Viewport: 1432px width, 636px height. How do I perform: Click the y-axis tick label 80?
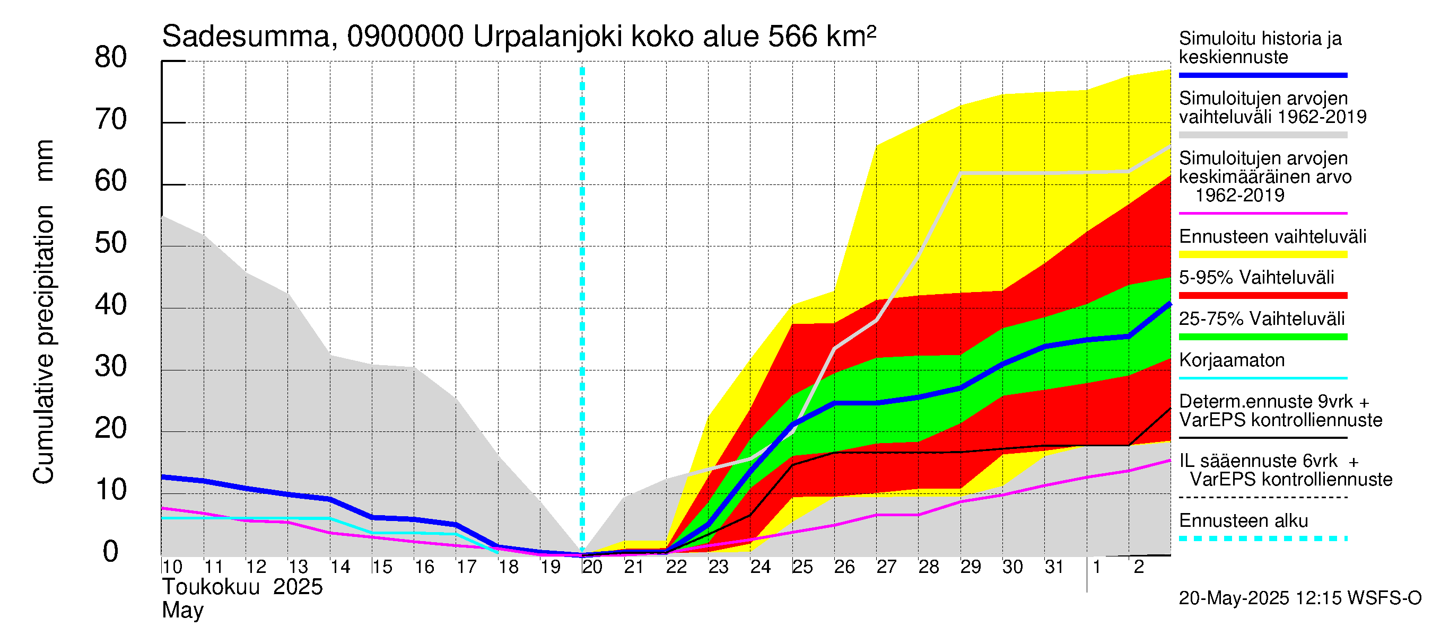pos(111,57)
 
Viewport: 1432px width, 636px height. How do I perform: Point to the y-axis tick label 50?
pos(111,243)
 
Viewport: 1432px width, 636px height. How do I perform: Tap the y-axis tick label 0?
pos(111,552)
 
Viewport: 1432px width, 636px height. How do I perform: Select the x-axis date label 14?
pos(339,567)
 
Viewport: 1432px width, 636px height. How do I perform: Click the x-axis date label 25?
pos(802,567)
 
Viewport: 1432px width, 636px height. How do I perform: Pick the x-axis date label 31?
pos(1054,567)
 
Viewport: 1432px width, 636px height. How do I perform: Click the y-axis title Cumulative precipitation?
pos(43,344)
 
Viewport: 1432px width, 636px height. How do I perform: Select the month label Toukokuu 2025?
pos(242,587)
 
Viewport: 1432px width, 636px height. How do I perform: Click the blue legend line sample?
pos(1262,75)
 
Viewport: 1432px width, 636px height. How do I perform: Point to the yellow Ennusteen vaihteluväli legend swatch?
pos(1262,255)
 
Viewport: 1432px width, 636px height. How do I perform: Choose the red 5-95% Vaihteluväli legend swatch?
pos(1262,296)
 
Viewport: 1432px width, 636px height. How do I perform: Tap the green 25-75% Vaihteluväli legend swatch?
pos(1262,337)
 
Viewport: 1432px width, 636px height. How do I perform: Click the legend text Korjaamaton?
pos(1232,360)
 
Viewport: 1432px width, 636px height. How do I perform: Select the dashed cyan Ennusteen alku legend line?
pos(1262,538)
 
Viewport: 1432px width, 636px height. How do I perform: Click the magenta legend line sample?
pos(1262,213)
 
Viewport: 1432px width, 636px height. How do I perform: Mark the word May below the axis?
pos(182,611)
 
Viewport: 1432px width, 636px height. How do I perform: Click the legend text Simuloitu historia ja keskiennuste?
pos(1260,47)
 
